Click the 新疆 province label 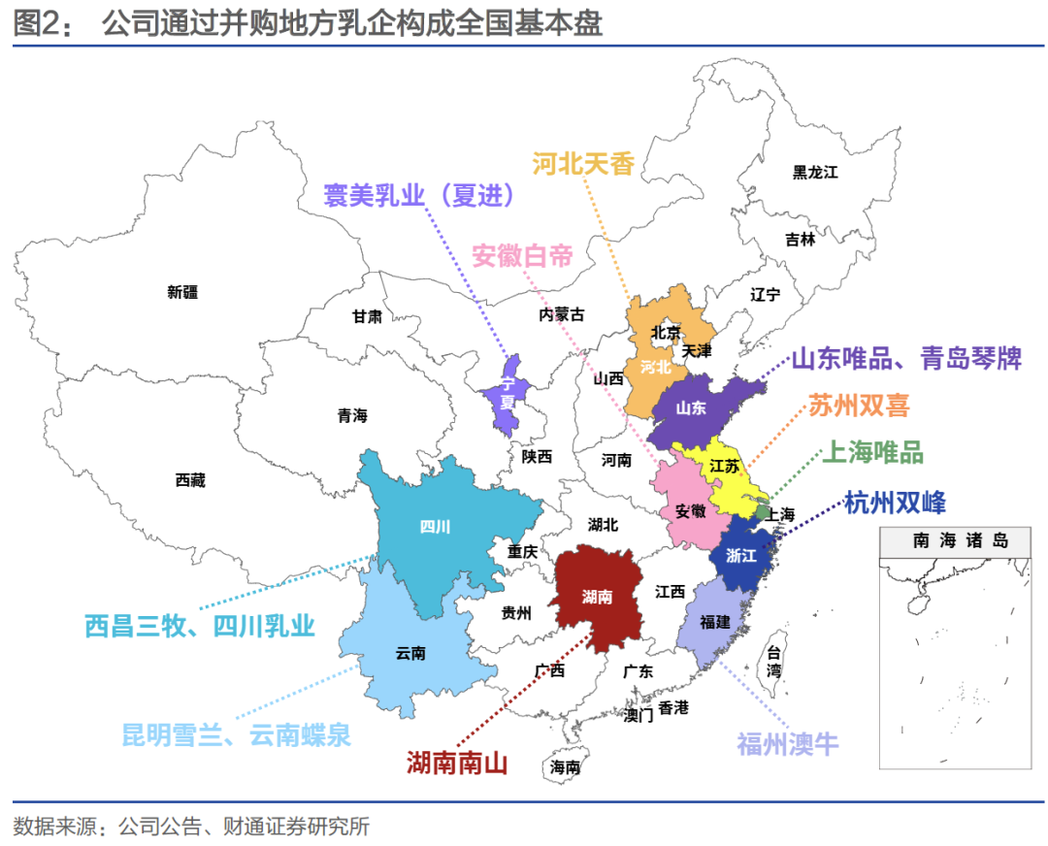(x=182, y=291)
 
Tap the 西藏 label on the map (x=190, y=479)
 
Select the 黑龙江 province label (x=814, y=172)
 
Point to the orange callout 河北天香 (x=583, y=164)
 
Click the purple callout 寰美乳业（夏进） (x=418, y=195)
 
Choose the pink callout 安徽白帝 (x=522, y=256)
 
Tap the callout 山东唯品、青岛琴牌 (x=906, y=358)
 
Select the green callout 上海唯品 (x=872, y=452)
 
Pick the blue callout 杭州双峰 (x=895, y=502)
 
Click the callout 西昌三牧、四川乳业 (x=200, y=626)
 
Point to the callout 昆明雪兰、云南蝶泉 (x=236, y=734)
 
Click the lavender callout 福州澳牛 (x=787, y=744)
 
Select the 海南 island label (x=565, y=766)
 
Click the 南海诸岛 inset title (x=960, y=540)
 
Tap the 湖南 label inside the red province (x=597, y=597)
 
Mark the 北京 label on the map (x=666, y=331)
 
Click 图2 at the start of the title (x=36, y=22)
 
